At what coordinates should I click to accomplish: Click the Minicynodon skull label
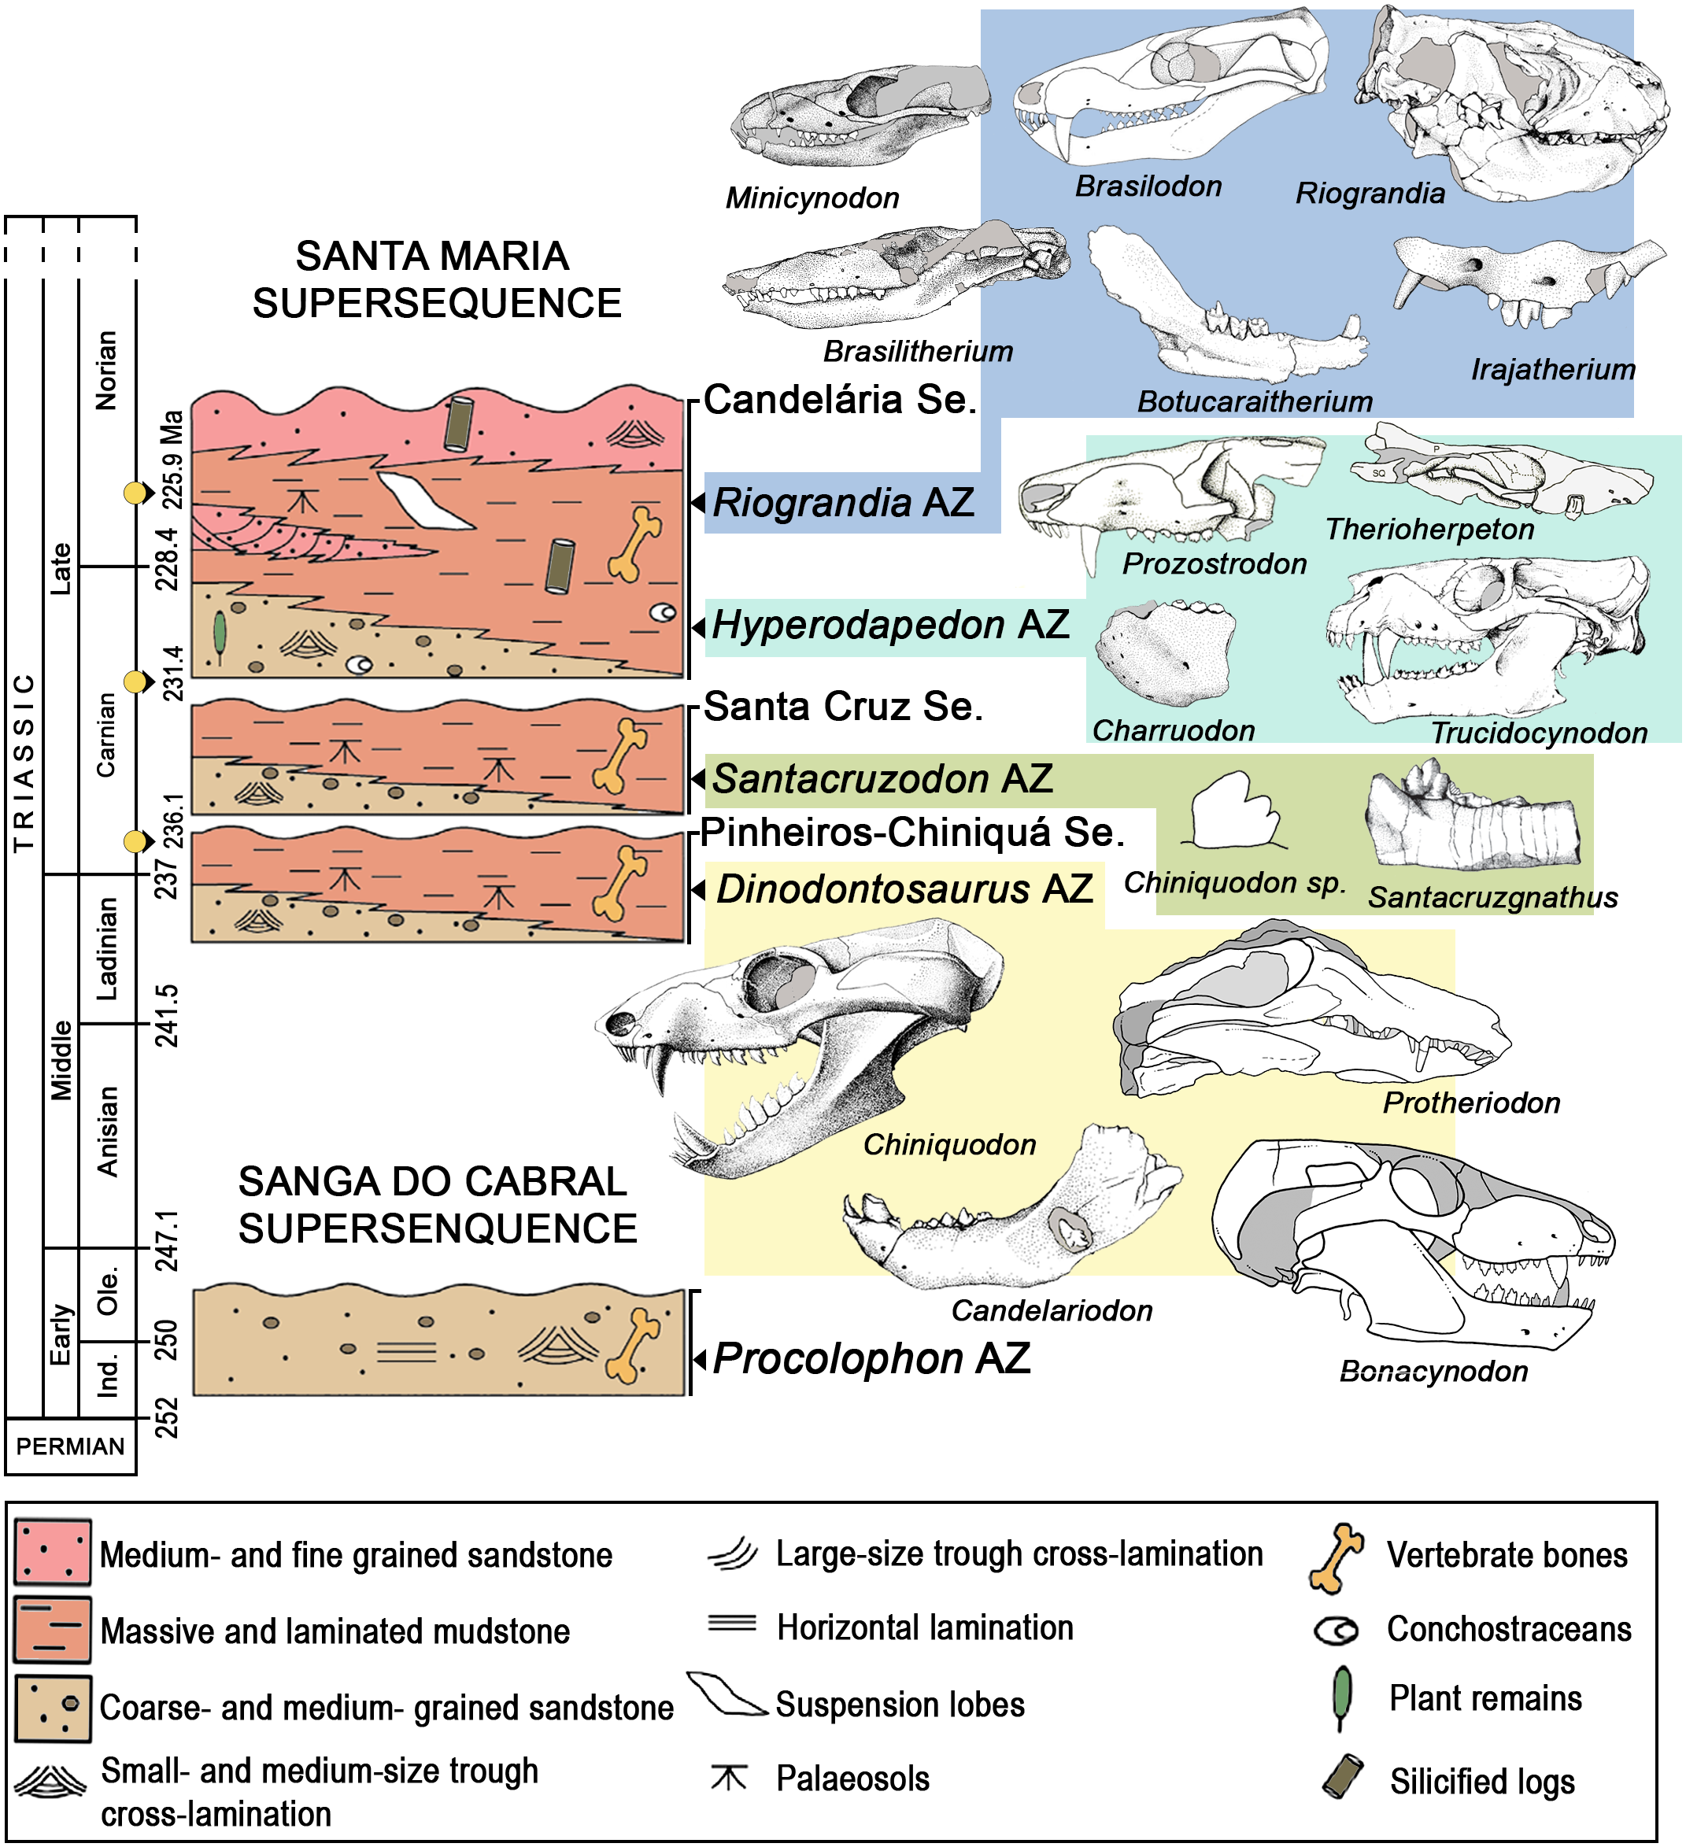[812, 198]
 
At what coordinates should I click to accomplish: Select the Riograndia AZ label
[843, 503]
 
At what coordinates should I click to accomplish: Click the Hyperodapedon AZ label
[889, 626]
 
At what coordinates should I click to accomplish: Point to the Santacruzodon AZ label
[882, 780]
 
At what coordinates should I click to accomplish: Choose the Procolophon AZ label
[871, 1358]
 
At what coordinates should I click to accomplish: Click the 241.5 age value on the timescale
[167, 1015]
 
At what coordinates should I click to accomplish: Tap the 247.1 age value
[167, 1240]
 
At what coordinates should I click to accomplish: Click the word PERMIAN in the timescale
[71, 1446]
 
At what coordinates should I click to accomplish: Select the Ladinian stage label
[107, 948]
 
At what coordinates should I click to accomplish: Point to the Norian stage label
[107, 370]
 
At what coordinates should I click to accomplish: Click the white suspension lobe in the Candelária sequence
[424, 501]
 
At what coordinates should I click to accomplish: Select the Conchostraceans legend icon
[1336, 1630]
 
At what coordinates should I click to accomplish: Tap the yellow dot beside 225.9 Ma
[135, 493]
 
